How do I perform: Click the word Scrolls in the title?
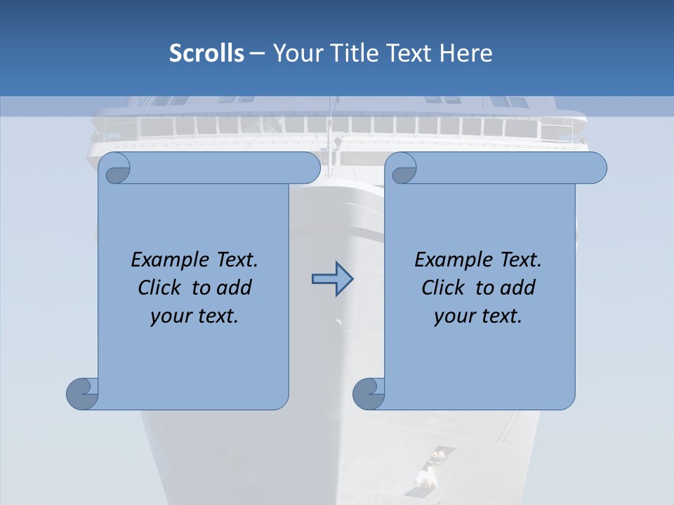point(207,53)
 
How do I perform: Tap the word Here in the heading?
point(465,53)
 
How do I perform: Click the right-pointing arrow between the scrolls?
point(332,279)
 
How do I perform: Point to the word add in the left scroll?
point(235,288)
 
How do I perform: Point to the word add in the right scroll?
point(519,288)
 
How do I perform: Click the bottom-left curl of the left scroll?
point(82,393)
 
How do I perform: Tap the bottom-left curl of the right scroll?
point(369,393)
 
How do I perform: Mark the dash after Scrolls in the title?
point(257,53)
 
